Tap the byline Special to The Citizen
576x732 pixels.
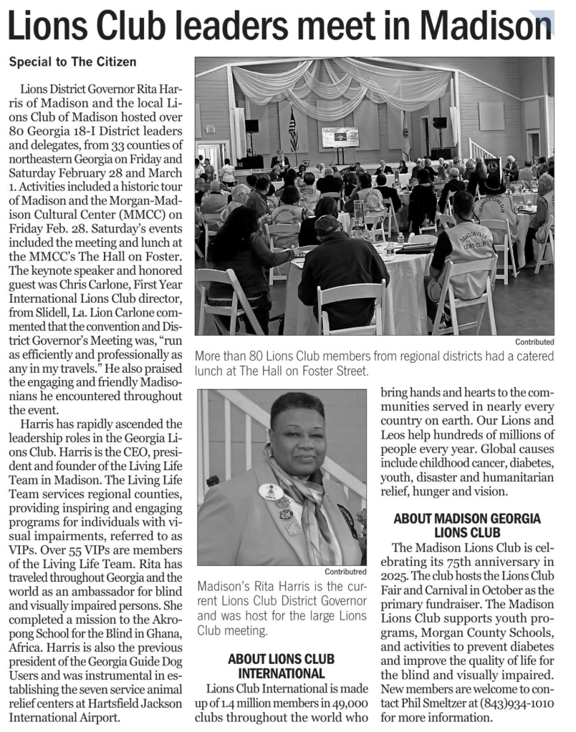pyautogui.click(x=72, y=62)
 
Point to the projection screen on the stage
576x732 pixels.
pyautogui.click(x=340, y=137)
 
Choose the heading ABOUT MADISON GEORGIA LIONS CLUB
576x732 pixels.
pyautogui.click(x=466, y=524)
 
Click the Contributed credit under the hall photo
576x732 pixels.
pyautogui.click(x=534, y=342)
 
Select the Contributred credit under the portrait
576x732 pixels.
pyautogui.click(x=346, y=571)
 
